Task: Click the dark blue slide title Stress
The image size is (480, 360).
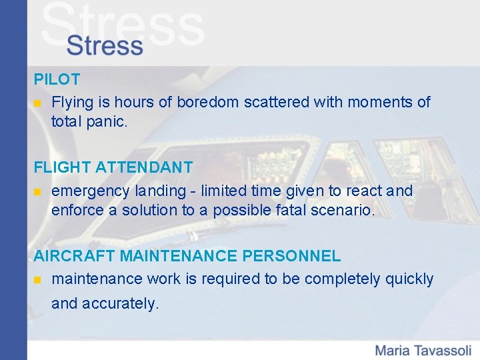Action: pyautogui.click(x=105, y=46)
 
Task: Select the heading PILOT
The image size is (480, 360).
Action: pyautogui.click(x=57, y=79)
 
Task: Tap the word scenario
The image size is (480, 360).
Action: pyautogui.click(x=346, y=211)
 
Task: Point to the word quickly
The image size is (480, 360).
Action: pyautogui.click(x=409, y=279)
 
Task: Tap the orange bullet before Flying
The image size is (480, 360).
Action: pyautogui.click(x=38, y=103)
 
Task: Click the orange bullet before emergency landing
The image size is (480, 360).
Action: pyautogui.click(x=38, y=192)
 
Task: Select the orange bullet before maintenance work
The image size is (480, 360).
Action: pyautogui.click(x=38, y=280)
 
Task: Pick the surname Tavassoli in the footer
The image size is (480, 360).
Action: pyautogui.click(x=444, y=350)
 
